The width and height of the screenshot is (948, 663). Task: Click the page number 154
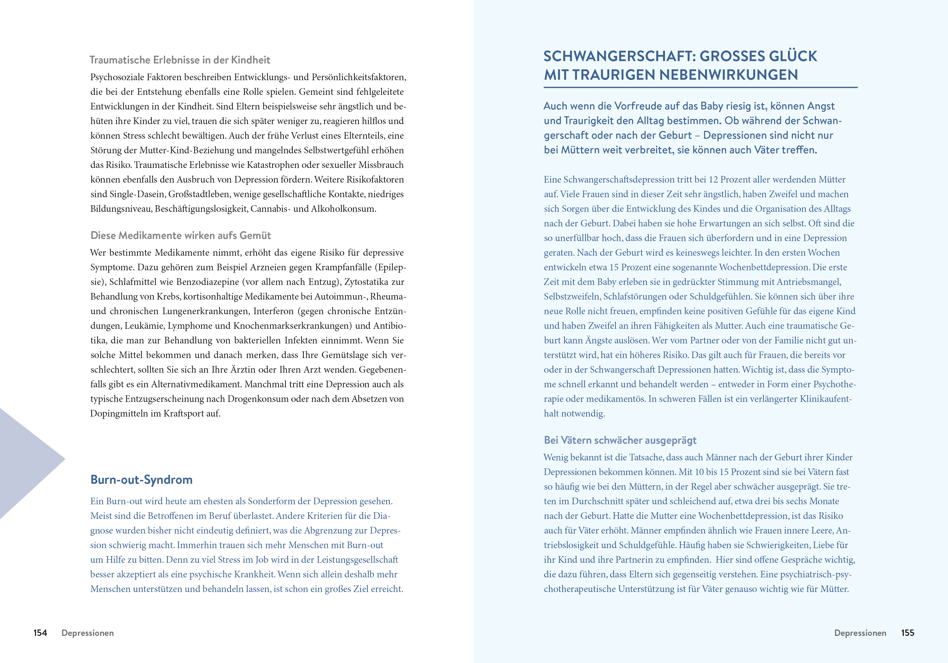point(40,633)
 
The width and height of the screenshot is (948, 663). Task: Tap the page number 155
point(908,633)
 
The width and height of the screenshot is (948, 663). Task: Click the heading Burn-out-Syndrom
point(141,480)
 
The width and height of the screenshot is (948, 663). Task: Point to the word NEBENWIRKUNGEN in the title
point(728,75)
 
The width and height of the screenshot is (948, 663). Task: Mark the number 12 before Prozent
point(713,179)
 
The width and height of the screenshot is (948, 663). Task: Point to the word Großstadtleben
point(196,194)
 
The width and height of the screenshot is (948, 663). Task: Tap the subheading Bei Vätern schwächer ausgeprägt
point(620,440)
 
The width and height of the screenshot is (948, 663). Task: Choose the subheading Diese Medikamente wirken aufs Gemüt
point(180,236)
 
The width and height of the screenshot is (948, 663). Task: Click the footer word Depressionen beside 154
point(88,633)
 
